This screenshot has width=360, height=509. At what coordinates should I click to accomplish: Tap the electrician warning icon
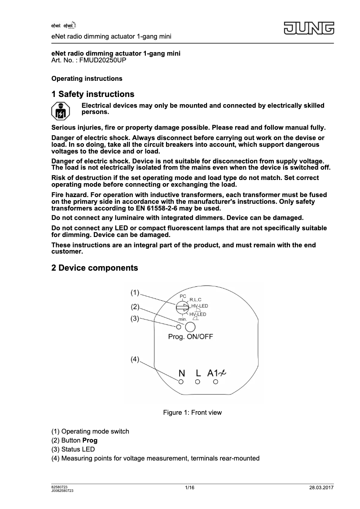[x=60, y=110]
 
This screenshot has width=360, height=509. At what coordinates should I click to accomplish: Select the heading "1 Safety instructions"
[x=93, y=94]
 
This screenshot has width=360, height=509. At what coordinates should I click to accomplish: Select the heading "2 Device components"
[x=95, y=268]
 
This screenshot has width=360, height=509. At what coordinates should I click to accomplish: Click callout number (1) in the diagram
[x=135, y=293]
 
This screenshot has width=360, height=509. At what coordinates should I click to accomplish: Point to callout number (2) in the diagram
[x=136, y=307]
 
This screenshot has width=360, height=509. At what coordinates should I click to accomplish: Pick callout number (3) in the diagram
[x=135, y=319]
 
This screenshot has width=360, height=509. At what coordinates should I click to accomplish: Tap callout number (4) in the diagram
[x=135, y=360]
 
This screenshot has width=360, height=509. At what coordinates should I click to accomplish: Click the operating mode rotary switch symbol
[x=182, y=307]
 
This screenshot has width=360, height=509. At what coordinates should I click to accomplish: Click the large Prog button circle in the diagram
[x=190, y=327]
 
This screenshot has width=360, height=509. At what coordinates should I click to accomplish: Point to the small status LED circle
[x=179, y=327]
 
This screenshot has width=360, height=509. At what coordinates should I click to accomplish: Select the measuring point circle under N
[x=181, y=382]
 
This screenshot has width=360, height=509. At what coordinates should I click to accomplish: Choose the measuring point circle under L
[x=198, y=382]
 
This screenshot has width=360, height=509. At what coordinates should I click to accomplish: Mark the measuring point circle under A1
[x=215, y=382]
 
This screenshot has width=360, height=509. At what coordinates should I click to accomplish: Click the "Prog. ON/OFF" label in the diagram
[x=190, y=338]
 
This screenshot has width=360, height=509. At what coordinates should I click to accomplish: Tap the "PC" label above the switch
[x=183, y=296]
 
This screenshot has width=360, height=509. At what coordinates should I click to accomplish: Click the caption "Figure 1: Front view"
[x=192, y=412]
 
